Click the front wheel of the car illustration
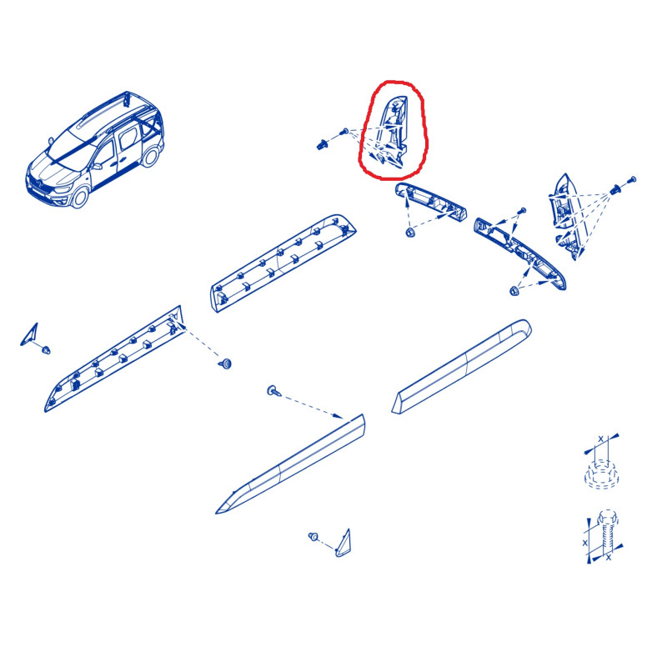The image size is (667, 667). [x=79, y=197]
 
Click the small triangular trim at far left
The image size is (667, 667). [x=30, y=334]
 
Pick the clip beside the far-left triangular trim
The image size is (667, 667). [x=46, y=350]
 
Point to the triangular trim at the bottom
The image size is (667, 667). [x=344, y=544]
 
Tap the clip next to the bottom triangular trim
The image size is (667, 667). [x=313, y=536]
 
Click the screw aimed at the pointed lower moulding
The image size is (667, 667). [x=273, y=390]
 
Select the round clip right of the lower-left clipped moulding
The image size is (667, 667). [x=225, y=364]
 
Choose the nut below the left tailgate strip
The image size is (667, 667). [x=410, y=233]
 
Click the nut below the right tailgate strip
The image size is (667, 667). [x=514, y=291]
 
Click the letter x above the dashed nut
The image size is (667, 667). [x=600, y=439]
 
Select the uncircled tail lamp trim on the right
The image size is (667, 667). [x=566, y=216]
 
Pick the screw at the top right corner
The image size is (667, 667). [x=632, y=179]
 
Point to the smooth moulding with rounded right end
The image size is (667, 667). [x=462, y=366]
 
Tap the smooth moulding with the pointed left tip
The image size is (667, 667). [x=290, y=464]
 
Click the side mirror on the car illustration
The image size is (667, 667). [x=97, y=166]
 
